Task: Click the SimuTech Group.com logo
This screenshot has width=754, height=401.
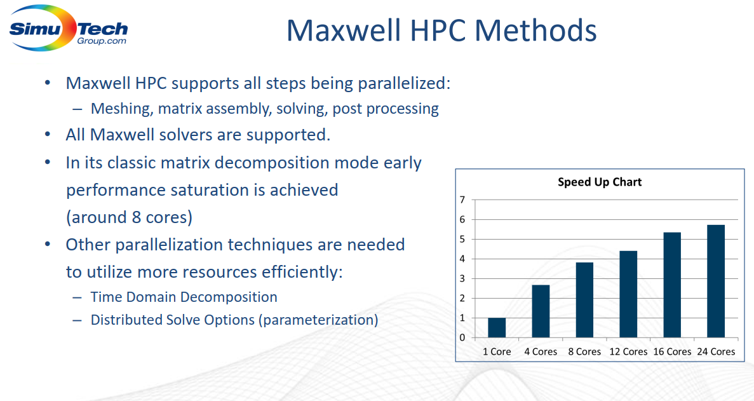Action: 68,29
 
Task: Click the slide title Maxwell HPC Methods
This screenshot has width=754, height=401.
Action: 441,30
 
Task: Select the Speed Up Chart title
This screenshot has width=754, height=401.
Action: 600,182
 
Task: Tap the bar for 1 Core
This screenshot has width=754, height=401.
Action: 497,327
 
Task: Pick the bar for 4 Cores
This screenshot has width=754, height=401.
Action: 541,311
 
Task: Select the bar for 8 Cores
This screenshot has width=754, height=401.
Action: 584,300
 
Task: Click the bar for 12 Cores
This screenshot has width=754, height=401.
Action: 628,294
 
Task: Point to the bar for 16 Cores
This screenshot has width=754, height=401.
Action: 672,285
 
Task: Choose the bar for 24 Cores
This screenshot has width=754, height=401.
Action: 715,282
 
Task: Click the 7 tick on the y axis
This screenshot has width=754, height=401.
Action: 462,200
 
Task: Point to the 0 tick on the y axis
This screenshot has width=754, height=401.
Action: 462,337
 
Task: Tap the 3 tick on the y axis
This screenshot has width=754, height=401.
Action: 462,278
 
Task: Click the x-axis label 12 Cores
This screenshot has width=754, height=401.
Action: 628,351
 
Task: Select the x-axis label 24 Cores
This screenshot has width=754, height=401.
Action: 716,351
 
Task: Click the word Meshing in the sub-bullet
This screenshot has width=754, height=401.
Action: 122,109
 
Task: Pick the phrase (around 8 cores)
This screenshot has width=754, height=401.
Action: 129,217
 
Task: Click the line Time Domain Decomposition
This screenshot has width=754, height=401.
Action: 184,297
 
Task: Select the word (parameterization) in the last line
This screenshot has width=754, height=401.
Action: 318,320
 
